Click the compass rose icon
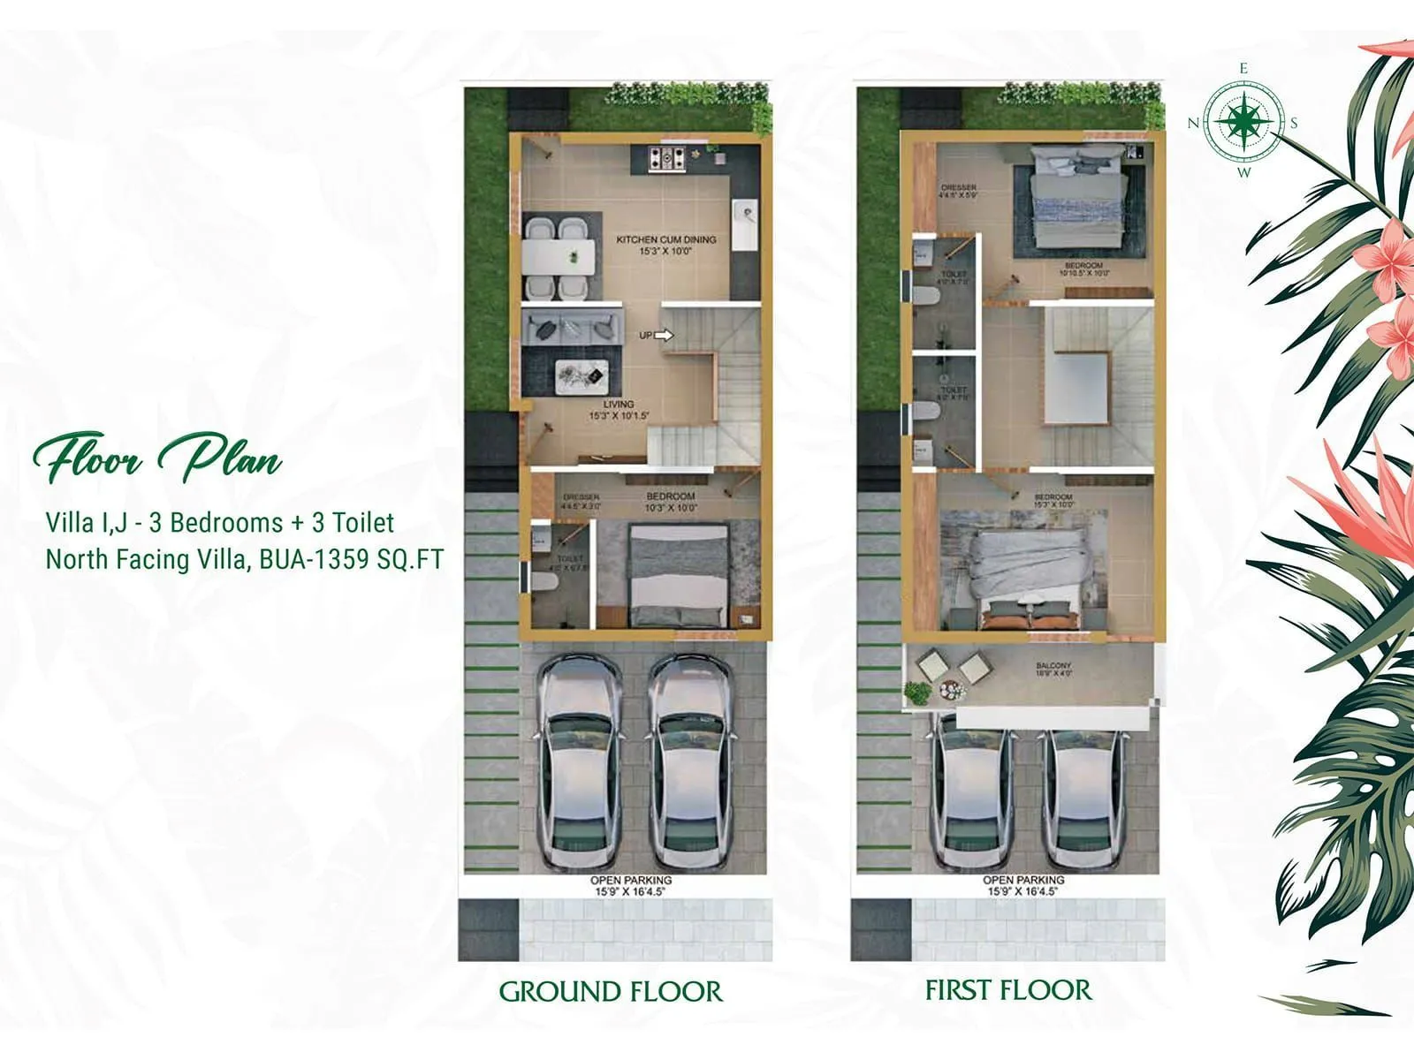click(1243, 121)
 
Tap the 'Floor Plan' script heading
click(157, 458)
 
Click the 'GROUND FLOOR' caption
click(611, 991)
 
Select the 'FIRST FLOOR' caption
click(1007, 990)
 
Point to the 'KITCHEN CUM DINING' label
click(665, 239)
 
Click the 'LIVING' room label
click(619, 405)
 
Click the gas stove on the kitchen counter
click(666, 159)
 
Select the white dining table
click(558, 256)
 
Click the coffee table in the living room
click(580, 377)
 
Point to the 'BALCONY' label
click(1053, 666)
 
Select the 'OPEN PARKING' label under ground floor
click(630, 881)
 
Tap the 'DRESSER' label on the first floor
click(959, 187)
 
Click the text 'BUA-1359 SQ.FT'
click(351, 559)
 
